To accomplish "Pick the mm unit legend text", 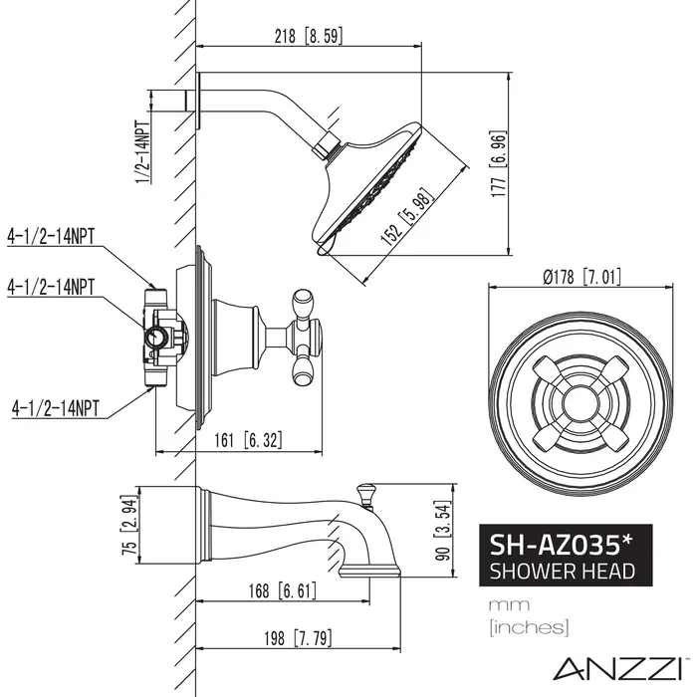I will [502, 604].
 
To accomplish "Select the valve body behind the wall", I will [161, 337].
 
